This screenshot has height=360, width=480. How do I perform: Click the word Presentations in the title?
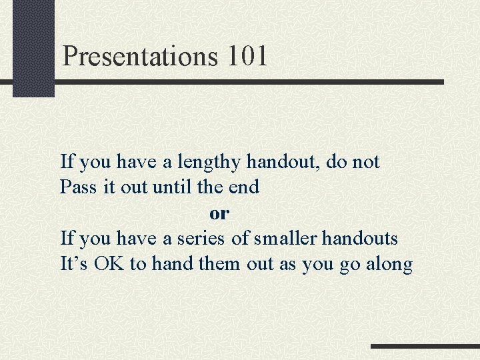(x=140, y=57)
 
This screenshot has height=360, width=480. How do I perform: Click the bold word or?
(x=219, y=213)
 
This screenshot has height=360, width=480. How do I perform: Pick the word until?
(x=173, y=187)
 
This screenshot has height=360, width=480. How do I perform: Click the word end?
(x=243, y=187)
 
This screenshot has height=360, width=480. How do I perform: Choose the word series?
(x=199, y=238)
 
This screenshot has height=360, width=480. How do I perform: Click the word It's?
(x=75, y=264)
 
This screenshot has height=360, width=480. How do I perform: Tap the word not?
(x=365, y=162)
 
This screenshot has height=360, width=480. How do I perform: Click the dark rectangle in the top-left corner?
(x=33, y=48)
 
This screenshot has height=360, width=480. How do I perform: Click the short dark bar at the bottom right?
(x=425, y=347)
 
